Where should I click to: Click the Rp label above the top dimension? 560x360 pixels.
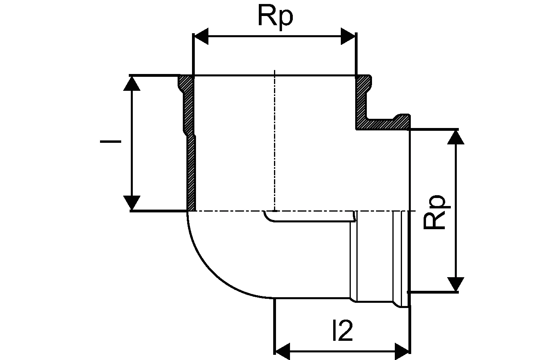[x=275, y=17]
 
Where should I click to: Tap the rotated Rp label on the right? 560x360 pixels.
[x=435, y=212]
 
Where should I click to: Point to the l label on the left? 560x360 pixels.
[x=110, y=141]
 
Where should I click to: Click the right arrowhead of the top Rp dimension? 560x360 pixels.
[x=348, y=36]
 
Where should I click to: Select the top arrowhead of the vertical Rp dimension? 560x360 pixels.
[x=456, y=137]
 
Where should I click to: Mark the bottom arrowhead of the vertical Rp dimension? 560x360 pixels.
[x=456, y=284]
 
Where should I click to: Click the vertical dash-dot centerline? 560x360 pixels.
[x=274, y=140]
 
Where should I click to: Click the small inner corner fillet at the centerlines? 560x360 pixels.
[x=268, y=217]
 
